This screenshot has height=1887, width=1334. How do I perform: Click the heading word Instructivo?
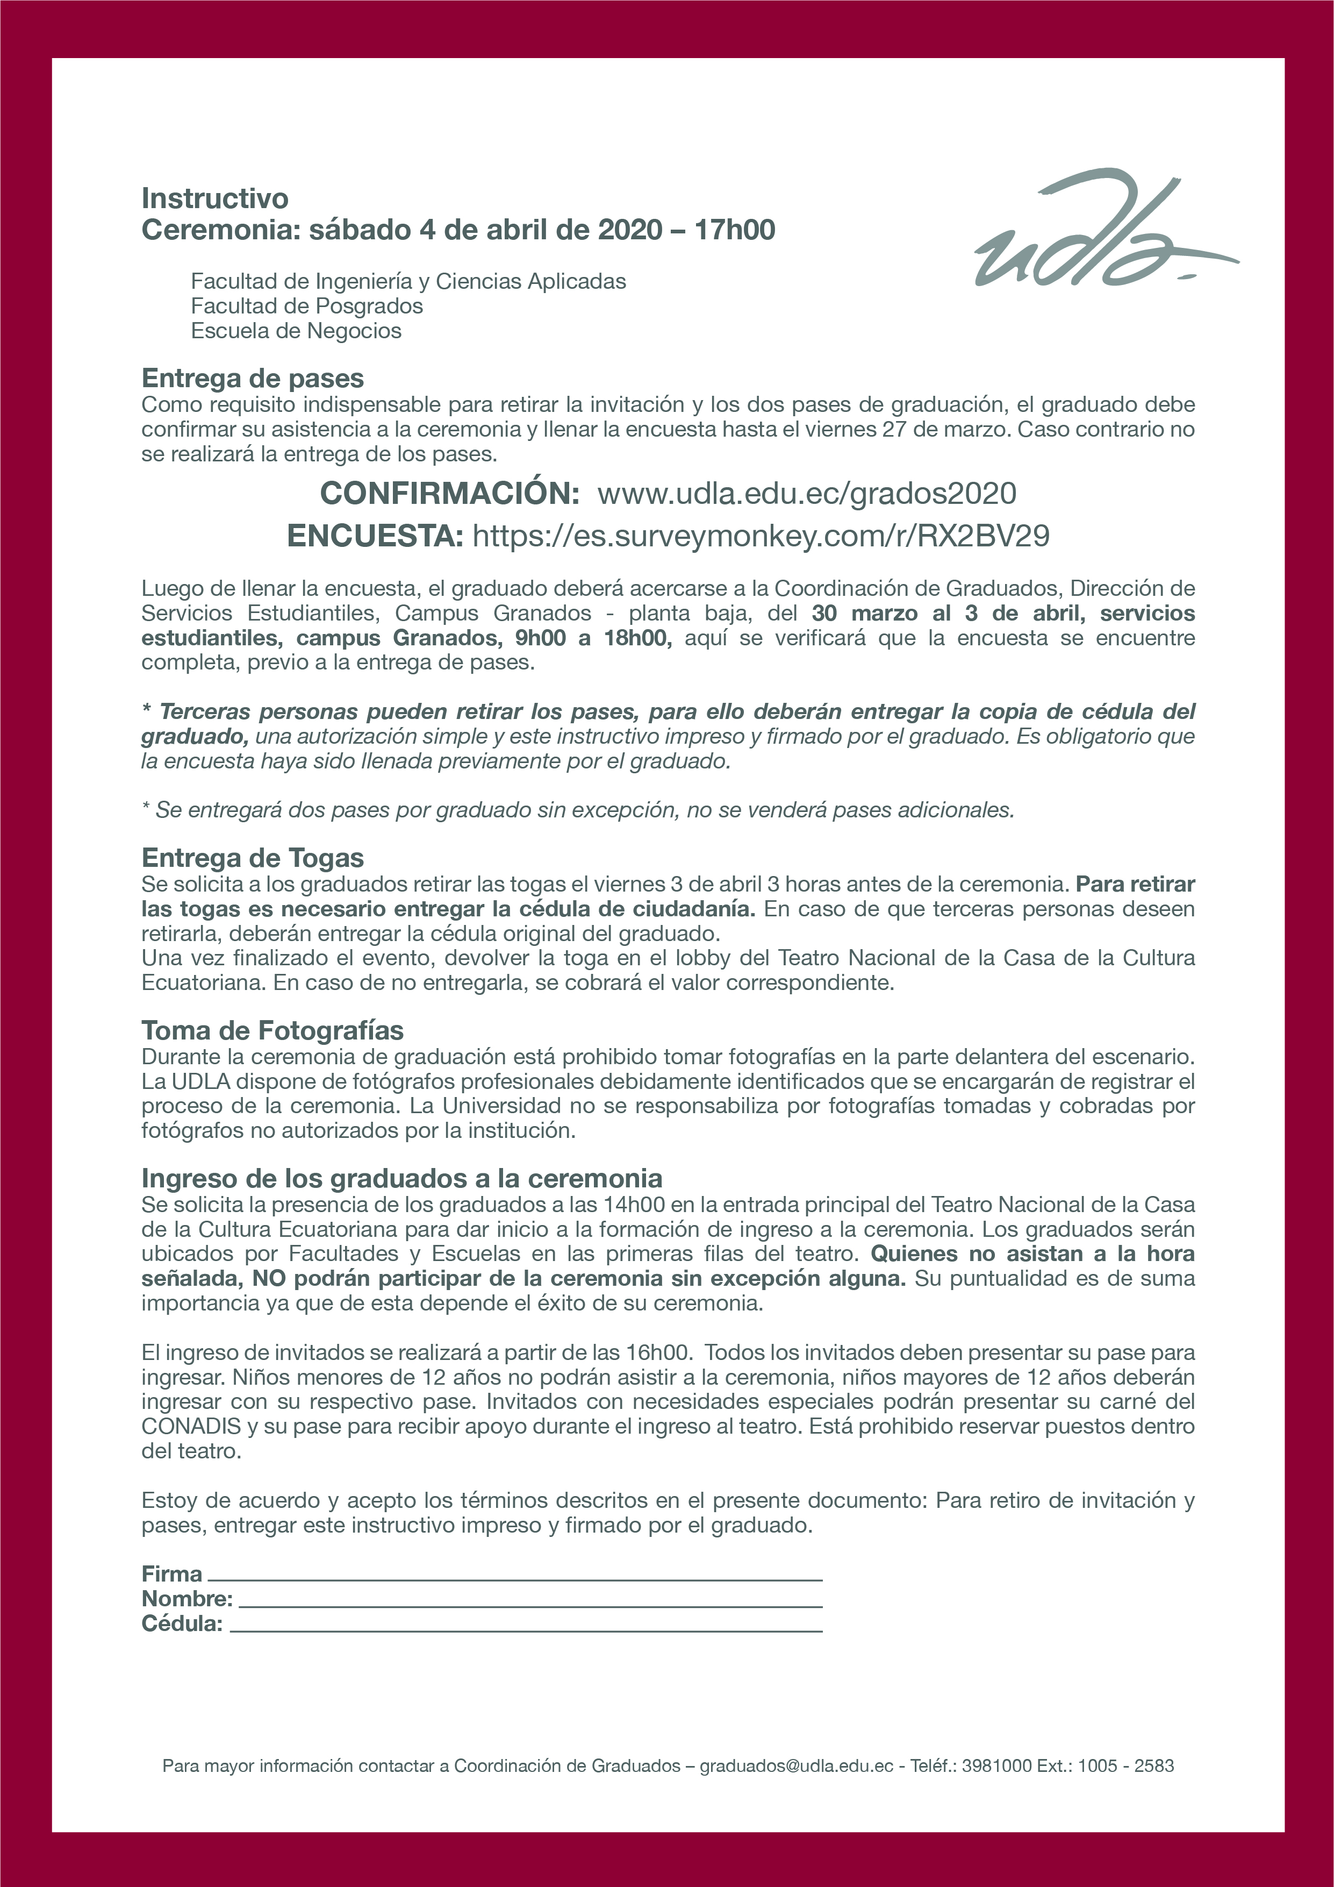point(215,198)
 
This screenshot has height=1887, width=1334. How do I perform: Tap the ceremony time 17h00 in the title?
point(734,229)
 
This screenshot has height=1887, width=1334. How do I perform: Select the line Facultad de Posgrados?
point(306,306)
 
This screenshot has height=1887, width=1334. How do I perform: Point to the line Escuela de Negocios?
point(296,330)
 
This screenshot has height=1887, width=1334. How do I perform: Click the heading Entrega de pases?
point(252,378)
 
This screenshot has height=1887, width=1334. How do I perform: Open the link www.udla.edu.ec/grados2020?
point(807,493)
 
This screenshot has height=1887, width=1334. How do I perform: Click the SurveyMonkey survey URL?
point(761,536)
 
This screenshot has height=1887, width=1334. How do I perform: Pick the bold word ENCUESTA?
point(375,536)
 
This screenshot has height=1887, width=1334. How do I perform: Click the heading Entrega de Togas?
point(252,858)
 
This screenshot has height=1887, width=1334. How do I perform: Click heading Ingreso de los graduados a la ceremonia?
point(401,1179)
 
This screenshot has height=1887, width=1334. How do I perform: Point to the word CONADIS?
point(191,1426)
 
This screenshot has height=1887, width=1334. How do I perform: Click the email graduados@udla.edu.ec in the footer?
point(796,1765)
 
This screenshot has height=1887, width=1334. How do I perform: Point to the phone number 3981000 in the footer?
point(996,1765)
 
